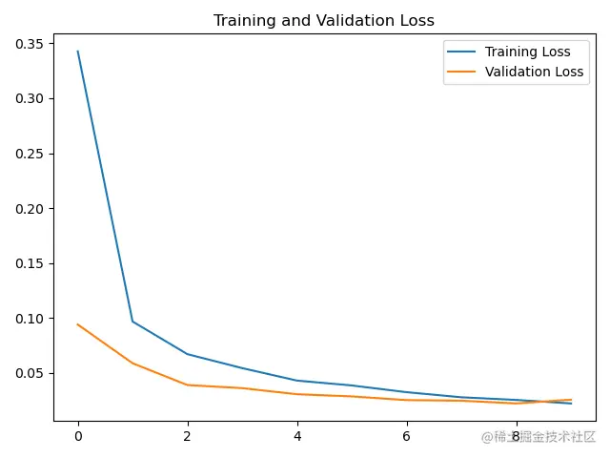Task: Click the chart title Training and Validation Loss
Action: pos(324,20)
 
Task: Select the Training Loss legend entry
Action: pos(527,52)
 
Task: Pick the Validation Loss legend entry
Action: pos(534,72)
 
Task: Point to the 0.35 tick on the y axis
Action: pos(29,44)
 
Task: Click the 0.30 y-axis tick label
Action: pos(29,98)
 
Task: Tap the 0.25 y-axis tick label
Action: pos(29,154)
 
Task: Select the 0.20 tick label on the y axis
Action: pos(29,208)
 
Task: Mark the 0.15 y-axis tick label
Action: pos(29,263)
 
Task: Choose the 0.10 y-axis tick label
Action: pos(29,318)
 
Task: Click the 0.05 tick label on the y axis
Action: pos(29,373)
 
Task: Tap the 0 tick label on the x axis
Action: pos(78,437)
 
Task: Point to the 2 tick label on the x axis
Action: pos(188,437)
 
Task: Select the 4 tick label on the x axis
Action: pos(297,437)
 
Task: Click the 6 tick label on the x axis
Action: pos(407,437)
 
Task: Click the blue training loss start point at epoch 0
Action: pos(78,52)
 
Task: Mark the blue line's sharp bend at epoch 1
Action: pos(132,322)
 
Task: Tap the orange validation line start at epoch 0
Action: pos(78,324)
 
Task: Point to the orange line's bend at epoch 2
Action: pos(188,385)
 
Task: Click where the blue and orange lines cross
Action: pos(551,402)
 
